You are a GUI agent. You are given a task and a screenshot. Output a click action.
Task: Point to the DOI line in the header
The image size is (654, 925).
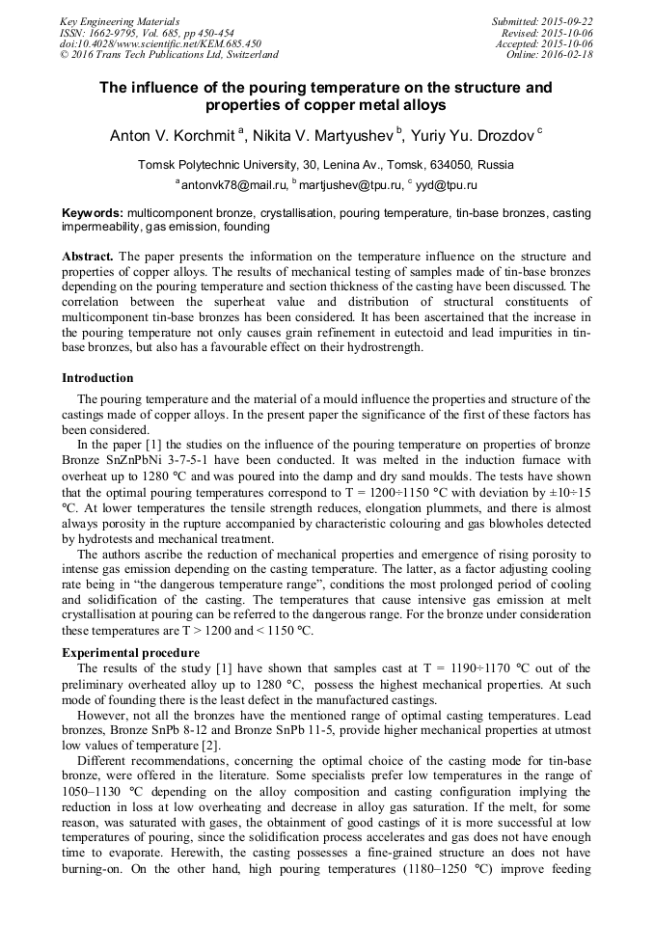click(160, 43)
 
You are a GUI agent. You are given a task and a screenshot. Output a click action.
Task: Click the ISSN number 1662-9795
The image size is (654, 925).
click(128, 33)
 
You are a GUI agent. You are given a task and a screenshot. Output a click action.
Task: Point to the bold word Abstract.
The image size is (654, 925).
click(88, 258)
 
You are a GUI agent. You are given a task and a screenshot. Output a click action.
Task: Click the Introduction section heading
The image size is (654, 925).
click(97, 378)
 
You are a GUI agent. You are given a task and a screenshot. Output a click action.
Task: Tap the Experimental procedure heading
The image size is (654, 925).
click(130, 653)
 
